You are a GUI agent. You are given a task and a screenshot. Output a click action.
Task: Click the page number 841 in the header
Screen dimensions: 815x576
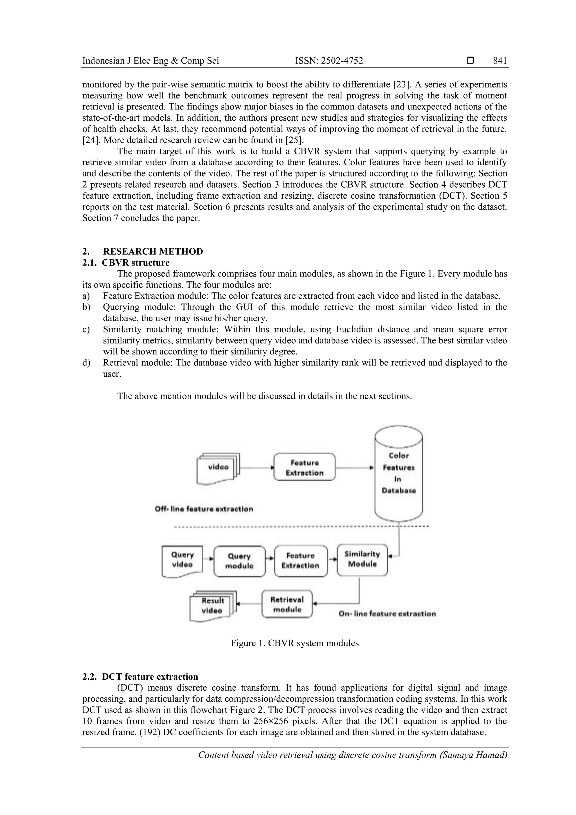[x=500, y=61]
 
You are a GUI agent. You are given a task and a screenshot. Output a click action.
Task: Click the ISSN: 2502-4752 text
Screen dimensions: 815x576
[x=329, y=61]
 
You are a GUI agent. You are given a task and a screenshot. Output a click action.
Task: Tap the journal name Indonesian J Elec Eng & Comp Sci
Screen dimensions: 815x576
[x=150, y=61]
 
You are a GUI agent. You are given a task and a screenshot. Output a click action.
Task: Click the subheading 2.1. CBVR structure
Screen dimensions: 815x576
[x=126, y=263]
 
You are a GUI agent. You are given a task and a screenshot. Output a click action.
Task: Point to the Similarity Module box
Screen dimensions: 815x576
[x=362, y=560]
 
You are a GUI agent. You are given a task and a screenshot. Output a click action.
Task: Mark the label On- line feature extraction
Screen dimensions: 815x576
[x=387, y=614]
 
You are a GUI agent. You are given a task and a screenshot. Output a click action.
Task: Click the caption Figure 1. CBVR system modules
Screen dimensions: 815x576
[x=294, y=643]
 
